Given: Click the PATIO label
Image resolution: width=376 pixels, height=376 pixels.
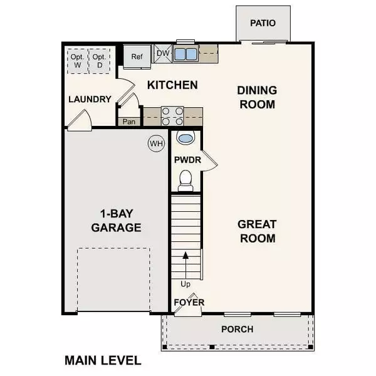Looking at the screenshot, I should pyautogui.click(x=263, y=23).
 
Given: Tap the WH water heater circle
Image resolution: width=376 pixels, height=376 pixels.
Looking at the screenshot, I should pyautogui.click(x=155, y=144).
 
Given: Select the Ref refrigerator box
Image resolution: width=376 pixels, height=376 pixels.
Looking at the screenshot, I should pyautogui.click(x=137, y=56).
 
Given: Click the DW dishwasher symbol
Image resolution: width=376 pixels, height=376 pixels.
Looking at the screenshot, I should pyautogui.click(x=162, y=53).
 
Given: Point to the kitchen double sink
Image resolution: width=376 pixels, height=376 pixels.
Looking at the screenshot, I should pyautogui.click(x=185, y=53).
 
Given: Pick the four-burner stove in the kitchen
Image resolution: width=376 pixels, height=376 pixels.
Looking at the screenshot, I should pyautogui.click(x=172, y=116).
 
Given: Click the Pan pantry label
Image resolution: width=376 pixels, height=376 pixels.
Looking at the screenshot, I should pyautogui.click(x=130, y=122).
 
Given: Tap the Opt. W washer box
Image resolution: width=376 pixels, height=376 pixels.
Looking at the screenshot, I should pyautogui.click(x=77, y=59).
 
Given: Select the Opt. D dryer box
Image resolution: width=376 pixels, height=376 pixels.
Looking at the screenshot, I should pyautogui.click(x=99, y=59).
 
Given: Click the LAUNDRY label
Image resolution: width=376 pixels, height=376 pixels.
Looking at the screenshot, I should pyautogui.click(x=90, y=99).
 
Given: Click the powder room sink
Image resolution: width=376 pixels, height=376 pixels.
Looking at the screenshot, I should pyautogui.click(x=185, y=138).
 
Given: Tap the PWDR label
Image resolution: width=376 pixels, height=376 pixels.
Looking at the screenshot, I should pyautogui.click(x=187, y=160).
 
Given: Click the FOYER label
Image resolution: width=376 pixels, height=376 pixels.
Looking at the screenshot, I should pyautogui.click(x=189, y=302).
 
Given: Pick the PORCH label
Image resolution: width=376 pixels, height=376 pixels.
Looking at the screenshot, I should pyautogui.click(x=238, y=330).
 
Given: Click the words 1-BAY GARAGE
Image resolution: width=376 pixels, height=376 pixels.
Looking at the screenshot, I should pyautogui.click(x=115, y=220).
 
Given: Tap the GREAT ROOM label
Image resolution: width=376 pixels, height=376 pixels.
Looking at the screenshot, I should pyautogui.click(x=256, y=231).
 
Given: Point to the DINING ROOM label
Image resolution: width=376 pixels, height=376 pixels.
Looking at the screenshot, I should pyautogui.click(x=256, y=97).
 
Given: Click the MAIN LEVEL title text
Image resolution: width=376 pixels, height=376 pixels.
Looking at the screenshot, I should pyautogui.click(x=103, y=360).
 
